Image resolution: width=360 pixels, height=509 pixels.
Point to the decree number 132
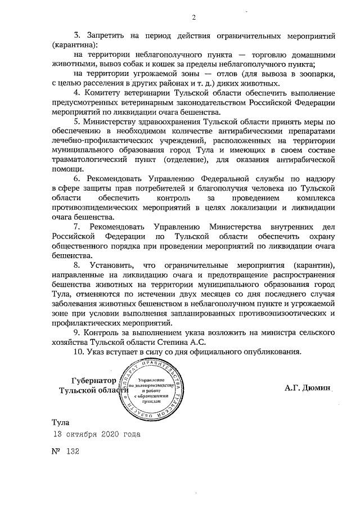pyautogui.click(x=74, y=452)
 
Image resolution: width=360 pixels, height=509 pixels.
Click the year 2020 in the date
pyautogui.click(x=112, y=435)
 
